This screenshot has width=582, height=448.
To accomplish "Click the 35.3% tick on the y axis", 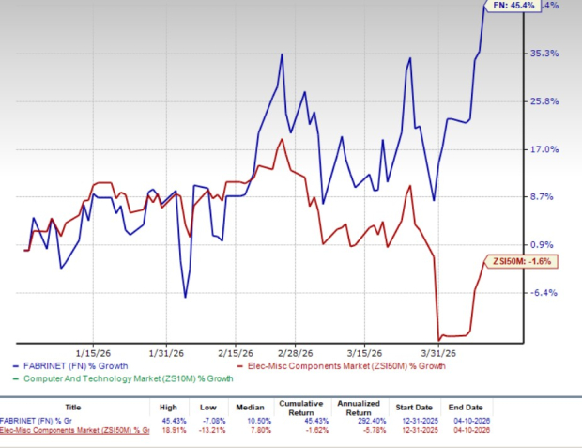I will pos(545,54).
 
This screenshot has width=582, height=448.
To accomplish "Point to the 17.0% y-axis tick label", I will pos(545,148).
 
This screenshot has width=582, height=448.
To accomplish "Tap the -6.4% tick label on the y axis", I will pos(545,292).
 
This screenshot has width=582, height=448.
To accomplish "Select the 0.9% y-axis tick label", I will pos(545,244).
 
